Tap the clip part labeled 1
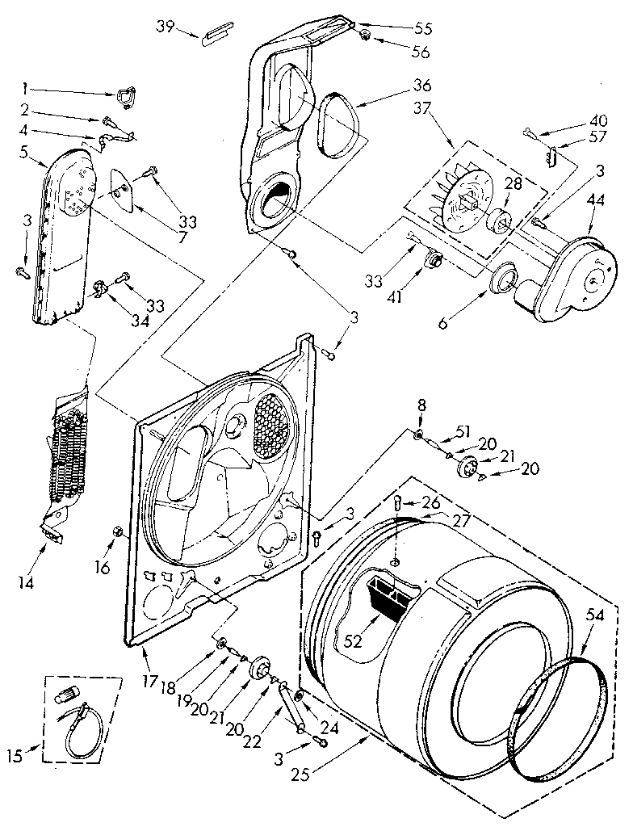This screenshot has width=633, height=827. (x=124, y=97)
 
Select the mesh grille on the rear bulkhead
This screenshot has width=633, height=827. (x=273, y=424)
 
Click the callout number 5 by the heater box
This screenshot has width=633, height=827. (x=25, y=150)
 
